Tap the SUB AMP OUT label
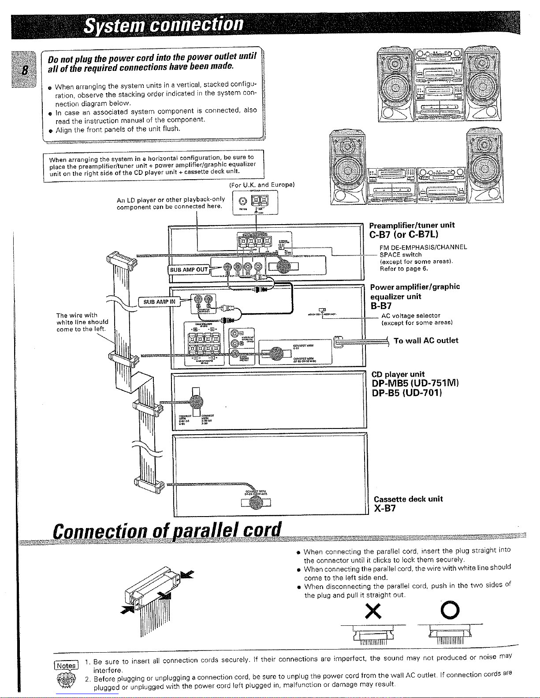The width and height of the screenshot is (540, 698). (x=188, y=270)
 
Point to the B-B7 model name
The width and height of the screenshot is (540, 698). (x=381, y=306)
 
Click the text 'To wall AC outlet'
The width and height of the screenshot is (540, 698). (x=425, y=340)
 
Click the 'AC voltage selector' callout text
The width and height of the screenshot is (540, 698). (x=410, y=316)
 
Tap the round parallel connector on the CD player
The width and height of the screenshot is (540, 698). (x=196, y=401)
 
